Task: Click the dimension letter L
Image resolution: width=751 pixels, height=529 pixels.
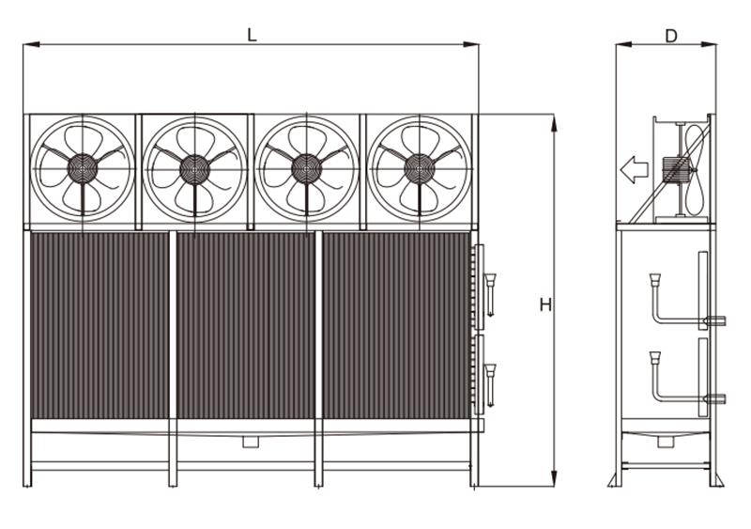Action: [252, 35]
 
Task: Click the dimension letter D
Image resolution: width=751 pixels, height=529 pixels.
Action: [671, 36]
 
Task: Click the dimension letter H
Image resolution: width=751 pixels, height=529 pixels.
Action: [545, 304]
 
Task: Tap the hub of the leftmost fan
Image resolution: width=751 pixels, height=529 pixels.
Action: [83, 169]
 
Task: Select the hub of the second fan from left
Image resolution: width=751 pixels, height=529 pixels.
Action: [194, 169]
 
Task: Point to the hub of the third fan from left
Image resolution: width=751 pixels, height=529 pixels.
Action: [307, 169]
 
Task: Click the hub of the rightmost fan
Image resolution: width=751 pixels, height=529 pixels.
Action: [419, 169]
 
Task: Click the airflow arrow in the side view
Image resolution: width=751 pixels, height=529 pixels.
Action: [635, 169]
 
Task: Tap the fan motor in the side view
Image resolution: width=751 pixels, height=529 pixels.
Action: [672, 169]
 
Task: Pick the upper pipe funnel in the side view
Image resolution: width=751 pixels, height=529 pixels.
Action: [655, 280]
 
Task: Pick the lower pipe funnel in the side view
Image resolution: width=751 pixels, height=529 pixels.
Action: [655, 358]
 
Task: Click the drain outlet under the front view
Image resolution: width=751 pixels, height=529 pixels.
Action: [251, 442]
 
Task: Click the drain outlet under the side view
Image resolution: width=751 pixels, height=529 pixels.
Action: [666, 442]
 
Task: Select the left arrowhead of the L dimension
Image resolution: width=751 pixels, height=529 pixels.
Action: [31, 44]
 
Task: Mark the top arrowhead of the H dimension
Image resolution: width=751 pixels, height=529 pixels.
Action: [554, 123]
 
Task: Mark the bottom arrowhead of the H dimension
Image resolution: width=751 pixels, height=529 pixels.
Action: [554, 478]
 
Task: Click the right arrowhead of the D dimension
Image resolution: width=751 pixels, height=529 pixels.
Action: [710, 44]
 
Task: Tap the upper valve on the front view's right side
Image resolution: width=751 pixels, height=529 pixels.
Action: [490, 294]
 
